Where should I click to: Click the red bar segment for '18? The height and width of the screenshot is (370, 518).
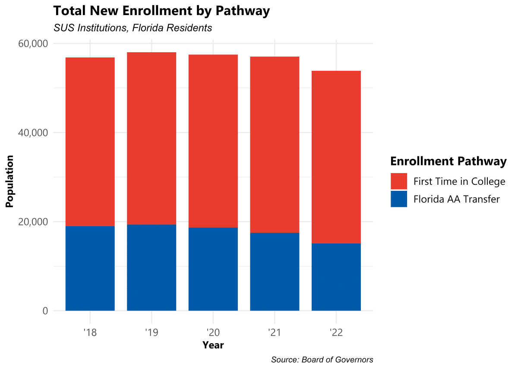tap(90, 142)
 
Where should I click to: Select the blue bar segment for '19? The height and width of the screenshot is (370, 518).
tap(152, 268)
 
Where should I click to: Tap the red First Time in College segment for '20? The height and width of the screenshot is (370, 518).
tap(213, 141)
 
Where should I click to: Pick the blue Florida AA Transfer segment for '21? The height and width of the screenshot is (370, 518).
tap(275, 272)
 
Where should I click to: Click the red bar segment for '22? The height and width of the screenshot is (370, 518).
tap(336, 157)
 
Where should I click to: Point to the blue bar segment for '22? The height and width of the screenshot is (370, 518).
tap(336, 277)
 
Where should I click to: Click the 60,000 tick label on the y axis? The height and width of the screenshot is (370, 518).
tap(33, 44)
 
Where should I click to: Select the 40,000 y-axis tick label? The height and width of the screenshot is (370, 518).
tap(33, 133)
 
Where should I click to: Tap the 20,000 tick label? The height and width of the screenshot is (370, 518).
tap(33, 222)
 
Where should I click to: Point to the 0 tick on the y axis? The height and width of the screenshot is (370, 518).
tap(45, 311)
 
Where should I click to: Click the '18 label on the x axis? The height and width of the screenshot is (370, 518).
tap(90, 332)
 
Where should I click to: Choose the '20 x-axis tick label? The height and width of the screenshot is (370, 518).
tap(213, 332)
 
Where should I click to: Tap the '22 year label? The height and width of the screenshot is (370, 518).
tap(336, 332)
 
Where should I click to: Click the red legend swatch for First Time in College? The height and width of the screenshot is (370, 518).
tap(399, 181)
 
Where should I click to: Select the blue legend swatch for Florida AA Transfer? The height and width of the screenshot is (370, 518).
tap(399, 199)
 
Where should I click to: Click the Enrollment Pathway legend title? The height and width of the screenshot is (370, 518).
tap(449, 161)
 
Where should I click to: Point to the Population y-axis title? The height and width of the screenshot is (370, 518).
tap(9, 181)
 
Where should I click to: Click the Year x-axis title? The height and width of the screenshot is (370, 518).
tap(213, 345)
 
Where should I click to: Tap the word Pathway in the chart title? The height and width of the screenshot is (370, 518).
tap(243, 11)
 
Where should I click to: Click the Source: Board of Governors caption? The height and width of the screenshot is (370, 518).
tap(322, 360)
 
